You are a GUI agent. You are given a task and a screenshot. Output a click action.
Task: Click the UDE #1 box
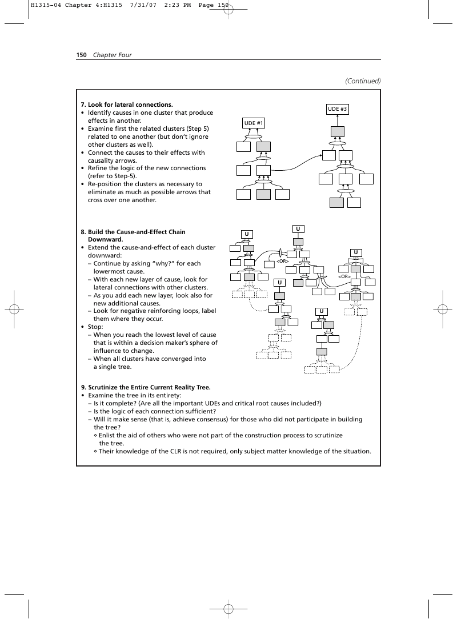pyautogui.click(x=253, y=123)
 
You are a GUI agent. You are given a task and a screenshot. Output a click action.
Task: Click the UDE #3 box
pyautogui.click(x=337, y=109)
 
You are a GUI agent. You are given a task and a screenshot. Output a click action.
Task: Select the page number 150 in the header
pyautogui.click(x=81, y=55)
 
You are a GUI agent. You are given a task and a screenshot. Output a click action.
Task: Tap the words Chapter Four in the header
pyautogui.click(x=112, y=55)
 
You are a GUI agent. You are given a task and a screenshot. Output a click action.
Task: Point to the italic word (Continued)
pyautogui.click(x=363, y=81)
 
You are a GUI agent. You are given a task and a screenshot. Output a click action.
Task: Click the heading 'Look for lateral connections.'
pyautogui.click(x=130, y=104)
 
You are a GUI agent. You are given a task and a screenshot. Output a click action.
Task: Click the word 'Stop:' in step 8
pyautogui.click(x=95, y=327)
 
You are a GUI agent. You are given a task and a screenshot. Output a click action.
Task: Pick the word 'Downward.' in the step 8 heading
pyautogui.click(x=106, y=239)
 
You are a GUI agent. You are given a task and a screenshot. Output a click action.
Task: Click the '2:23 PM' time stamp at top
pyautogui.click(x=177, y=5)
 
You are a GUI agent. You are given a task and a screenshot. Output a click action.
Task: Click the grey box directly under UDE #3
pyautogui.click(x=337, y=131)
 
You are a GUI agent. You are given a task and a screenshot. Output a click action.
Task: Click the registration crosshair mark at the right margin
pyautogui.click(x=442, y=309)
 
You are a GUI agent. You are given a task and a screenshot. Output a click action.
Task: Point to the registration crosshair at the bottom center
pyautogui.click(x=228, y=608)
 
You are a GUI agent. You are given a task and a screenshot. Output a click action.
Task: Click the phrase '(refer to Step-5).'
pyautogui.click(x=112, y=176)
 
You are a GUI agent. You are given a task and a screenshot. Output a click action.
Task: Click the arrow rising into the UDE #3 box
pyautogui.click(x=337, y=120)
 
